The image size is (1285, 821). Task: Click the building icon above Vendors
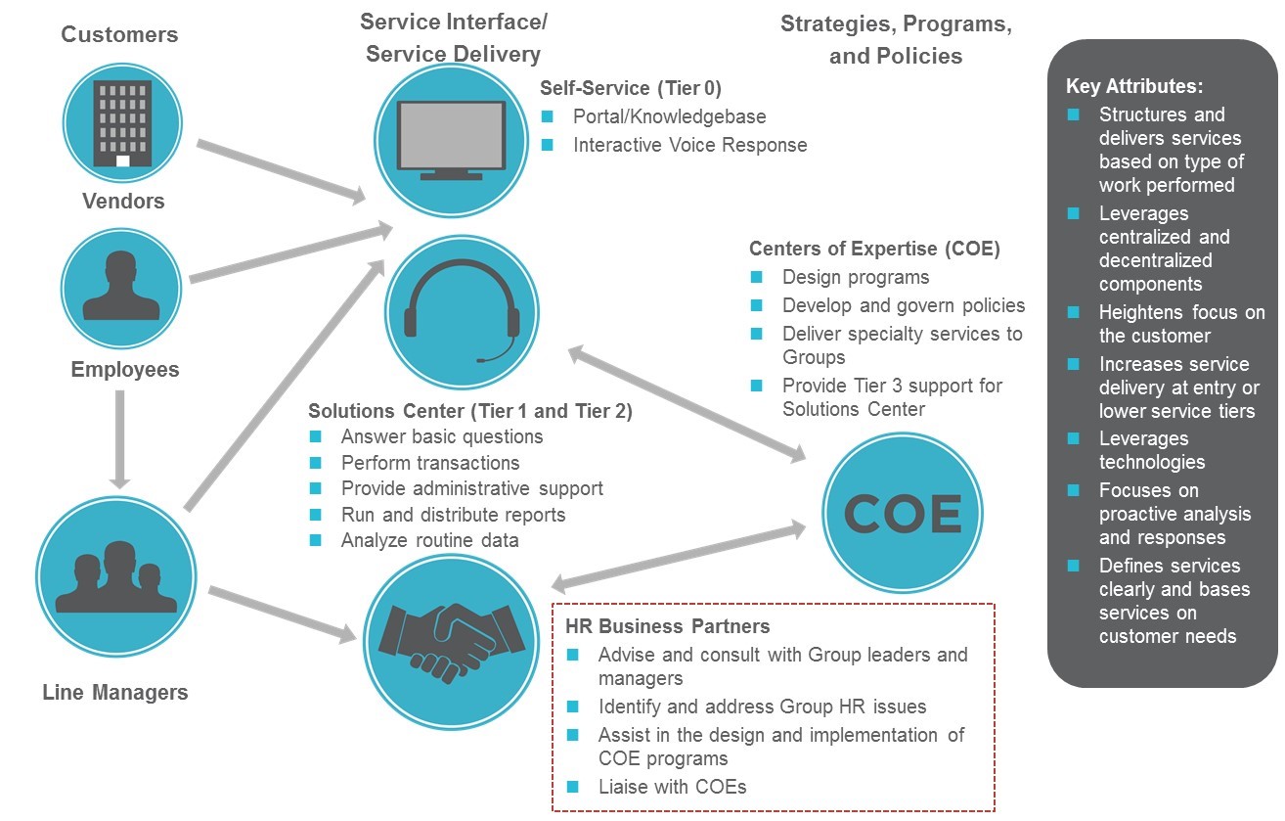click(x=122, y=123)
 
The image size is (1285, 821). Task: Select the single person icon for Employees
click(x=121, y=287)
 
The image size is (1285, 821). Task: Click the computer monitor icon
click(x=452, y=140)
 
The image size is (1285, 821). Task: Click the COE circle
click(x=903, y=514)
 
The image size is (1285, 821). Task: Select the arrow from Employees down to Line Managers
click(x=119, y=439)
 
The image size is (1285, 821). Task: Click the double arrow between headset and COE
click(x=687, y=403)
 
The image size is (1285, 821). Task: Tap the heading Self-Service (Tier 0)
click(x=630, y=89)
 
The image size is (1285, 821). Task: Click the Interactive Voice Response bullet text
click(x=689, y=145)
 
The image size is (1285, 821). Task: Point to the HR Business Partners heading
click(x=669, y=626)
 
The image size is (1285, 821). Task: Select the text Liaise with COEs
click(x=672, y=786)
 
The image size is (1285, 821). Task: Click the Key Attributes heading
click(x=1133, y=86)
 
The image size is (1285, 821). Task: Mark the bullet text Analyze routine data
click(x=429, y=540)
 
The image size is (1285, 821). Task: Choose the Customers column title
click(x=119, y=35)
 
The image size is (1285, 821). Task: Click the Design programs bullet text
click(x=855, y=277)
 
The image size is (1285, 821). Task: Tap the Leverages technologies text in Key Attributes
click(x=1151, y=450)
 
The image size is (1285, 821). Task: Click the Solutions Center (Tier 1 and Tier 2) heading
click(x=469, y=412)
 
